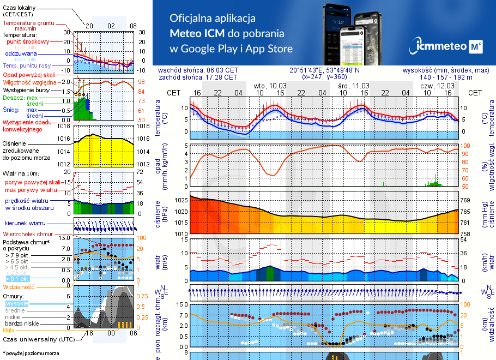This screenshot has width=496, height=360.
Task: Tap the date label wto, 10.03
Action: [270, 86]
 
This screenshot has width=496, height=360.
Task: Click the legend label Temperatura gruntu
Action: [28, 23]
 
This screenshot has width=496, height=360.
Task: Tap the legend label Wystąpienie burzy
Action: [25, 89]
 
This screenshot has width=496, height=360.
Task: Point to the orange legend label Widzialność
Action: [19, 286]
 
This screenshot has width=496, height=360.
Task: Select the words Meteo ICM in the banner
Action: [200, 33]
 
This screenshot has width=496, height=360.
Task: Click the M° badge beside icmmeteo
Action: [476, 47]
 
